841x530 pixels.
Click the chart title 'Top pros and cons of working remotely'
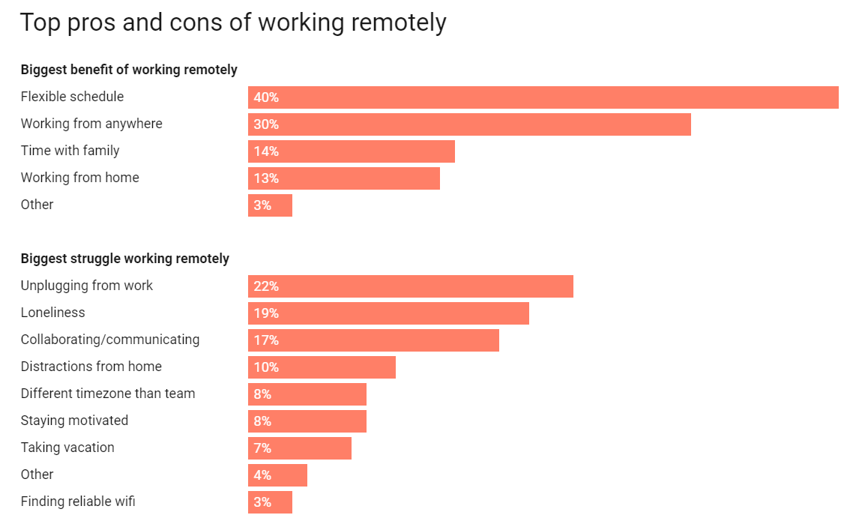233,22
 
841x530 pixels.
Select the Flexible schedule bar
543,97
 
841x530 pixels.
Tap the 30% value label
266,124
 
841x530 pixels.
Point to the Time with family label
70,151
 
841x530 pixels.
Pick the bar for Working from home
344,178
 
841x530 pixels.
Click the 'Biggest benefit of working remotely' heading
129,70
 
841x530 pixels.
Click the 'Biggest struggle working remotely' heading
125,259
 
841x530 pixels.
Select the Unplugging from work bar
411,286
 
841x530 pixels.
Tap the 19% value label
266,313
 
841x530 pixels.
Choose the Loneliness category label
53,313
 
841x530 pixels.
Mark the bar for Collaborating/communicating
373,340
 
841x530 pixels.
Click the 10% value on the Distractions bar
266,367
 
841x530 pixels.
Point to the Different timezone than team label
108,394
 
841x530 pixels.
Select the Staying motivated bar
307,421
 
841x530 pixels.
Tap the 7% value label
262,448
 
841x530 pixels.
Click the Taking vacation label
67,448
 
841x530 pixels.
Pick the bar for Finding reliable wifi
270,502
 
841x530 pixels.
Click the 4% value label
262,475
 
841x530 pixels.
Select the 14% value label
266,151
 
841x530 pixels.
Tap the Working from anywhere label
91,124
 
